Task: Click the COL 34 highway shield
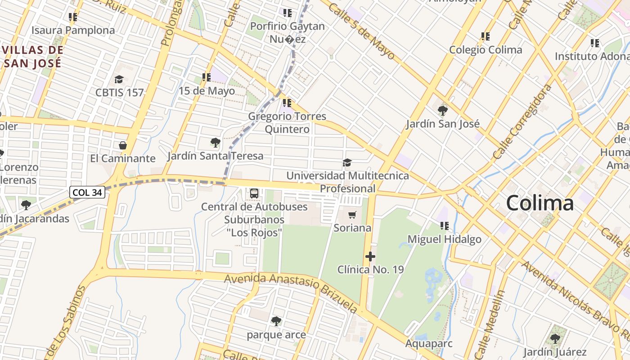pos(88,193)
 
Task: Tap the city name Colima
pos(540,203)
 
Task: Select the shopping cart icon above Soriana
pos(352,215)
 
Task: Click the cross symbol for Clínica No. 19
pos(370,256)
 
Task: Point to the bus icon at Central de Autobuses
pos(254,193)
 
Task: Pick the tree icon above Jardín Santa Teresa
pos(215,143)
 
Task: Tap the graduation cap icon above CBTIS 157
pos(119,80)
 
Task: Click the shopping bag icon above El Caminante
pos(122,145)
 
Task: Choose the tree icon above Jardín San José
pos(442,110)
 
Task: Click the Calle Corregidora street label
pos(522,121)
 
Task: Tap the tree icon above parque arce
pos(276,321)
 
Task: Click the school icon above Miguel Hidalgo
pos(445,226)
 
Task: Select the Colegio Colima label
pos(486,49)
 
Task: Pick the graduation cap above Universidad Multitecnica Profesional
pos(347,162)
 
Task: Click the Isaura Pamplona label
pos(73,31)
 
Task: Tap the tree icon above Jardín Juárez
pos(555,338)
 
